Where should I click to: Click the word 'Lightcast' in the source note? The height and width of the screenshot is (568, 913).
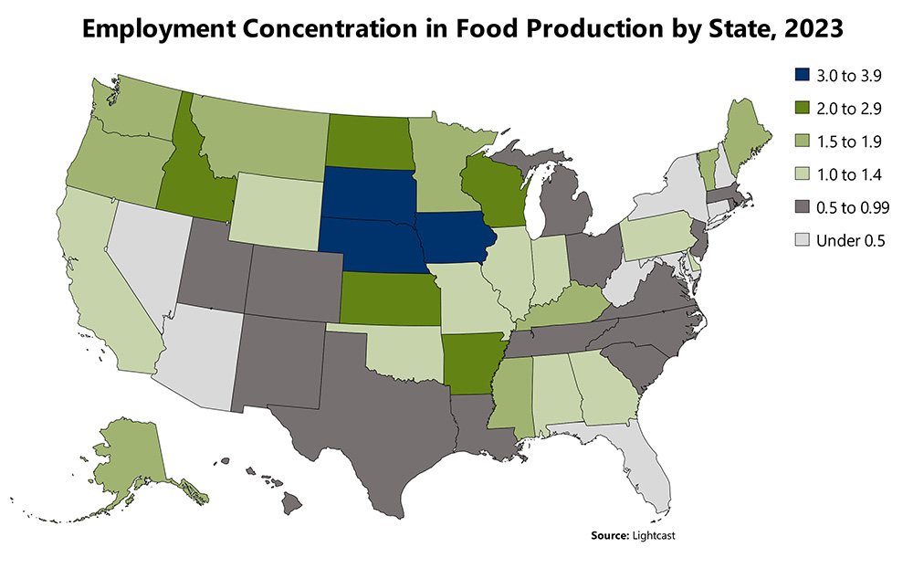point(656,533)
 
